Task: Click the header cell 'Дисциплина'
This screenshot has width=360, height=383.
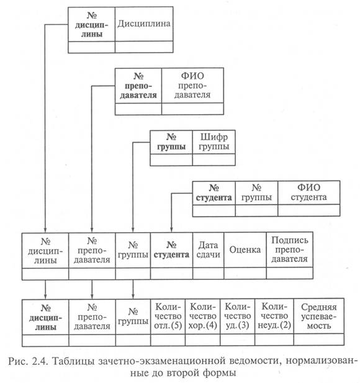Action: click(x=144, y=24)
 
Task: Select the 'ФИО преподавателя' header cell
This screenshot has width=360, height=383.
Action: click(x=192, y=86)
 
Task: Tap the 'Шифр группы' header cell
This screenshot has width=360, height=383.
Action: click(x=214, y=142)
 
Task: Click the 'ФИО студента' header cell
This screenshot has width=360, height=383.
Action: click(x=308, y=192)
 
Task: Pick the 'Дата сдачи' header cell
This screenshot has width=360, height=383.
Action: click(x=209, y=250)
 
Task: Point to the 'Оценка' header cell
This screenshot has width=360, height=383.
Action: click(x=245, y=250)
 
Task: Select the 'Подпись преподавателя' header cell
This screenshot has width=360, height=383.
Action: click(x=289, y=250)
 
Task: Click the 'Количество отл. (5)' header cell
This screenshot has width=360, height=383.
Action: click(x=168, y=316)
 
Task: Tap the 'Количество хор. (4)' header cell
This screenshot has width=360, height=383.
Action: click(x=203, y=316)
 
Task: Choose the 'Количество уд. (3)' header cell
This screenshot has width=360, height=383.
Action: click(x=237, y=316)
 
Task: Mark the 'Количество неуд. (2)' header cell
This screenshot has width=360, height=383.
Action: click(x=274, y=316)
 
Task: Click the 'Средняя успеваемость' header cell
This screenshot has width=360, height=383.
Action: click(x=319, y=316)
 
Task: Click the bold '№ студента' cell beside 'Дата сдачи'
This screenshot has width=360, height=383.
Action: click(x=172, y=250)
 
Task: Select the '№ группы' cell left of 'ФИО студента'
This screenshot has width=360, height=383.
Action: click(x=256, y=192)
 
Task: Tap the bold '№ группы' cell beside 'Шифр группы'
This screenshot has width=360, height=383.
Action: click(x=171, y=142)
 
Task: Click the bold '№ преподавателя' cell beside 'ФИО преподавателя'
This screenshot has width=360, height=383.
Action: click(x=138, y=86)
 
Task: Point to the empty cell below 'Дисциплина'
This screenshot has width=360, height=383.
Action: click(x=144, y=47)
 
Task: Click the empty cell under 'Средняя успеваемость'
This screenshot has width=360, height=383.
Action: click(x=319, y=340)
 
